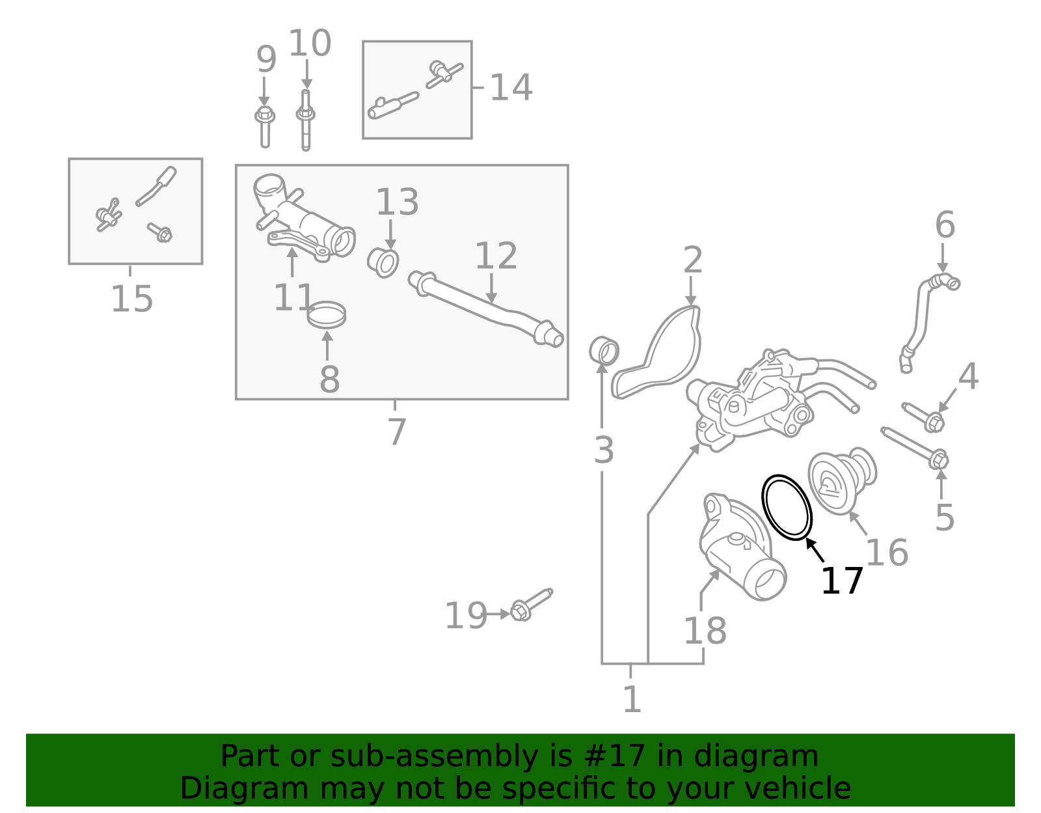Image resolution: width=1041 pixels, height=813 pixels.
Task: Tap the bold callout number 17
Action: coord(841,581)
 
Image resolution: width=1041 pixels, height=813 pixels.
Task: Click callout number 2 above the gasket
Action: coord(693,260)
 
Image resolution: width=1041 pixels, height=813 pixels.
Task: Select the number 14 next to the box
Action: coord(511,88)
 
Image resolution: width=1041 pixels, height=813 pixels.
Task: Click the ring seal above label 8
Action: coord(327,315)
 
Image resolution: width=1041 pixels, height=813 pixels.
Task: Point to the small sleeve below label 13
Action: coord(383,262)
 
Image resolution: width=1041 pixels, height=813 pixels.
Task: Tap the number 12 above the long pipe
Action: coord(496,256)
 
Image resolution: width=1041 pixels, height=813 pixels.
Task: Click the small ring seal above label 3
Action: coord(604,351)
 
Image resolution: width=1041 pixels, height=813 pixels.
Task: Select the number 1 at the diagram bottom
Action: coord(632,700)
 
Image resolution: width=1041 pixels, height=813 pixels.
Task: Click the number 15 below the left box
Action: coord(132,299)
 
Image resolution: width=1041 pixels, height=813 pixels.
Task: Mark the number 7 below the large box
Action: coord(396,431)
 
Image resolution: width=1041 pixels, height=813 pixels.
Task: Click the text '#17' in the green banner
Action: coord(615,756)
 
